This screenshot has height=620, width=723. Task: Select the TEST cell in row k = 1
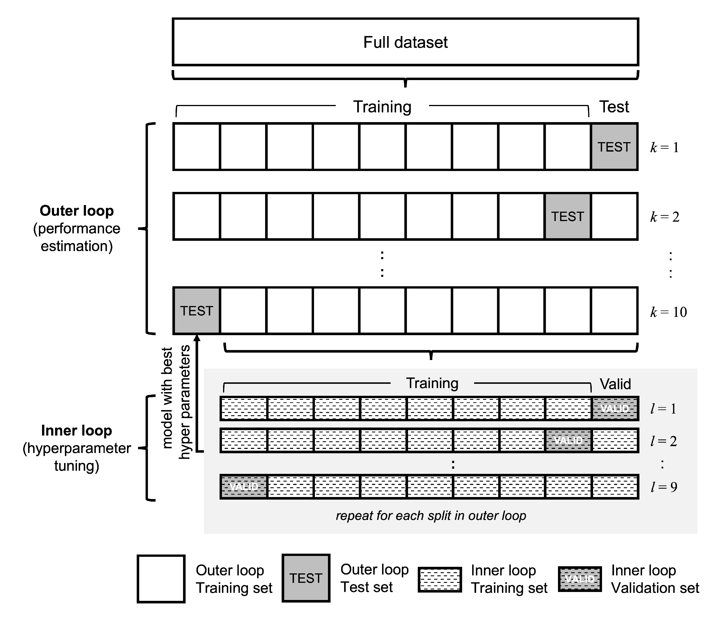coord(614,147)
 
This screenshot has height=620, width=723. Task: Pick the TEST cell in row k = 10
coord(196,311)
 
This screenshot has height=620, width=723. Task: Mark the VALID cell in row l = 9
coord(244,486)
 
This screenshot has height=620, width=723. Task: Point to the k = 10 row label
coord(668,312)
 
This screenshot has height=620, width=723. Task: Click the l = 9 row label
coord(664,487)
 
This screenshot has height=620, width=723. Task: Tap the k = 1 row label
coord(664,147)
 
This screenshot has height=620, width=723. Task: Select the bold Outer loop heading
coord(77,211)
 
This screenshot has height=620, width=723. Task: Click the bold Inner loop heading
coord(76,431)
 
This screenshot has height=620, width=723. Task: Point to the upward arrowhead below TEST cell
coord(197,338)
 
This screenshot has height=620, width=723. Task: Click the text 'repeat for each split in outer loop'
coord(431,516)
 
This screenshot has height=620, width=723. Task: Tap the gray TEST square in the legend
coord(306,578)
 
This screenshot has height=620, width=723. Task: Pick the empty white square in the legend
coord(161,579)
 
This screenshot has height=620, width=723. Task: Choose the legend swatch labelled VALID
coord(580,579)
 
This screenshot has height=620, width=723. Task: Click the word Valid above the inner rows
coord(615,384)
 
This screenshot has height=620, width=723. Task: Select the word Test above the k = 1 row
coord(614,107)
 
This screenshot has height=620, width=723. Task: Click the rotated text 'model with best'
coord(168,398)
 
